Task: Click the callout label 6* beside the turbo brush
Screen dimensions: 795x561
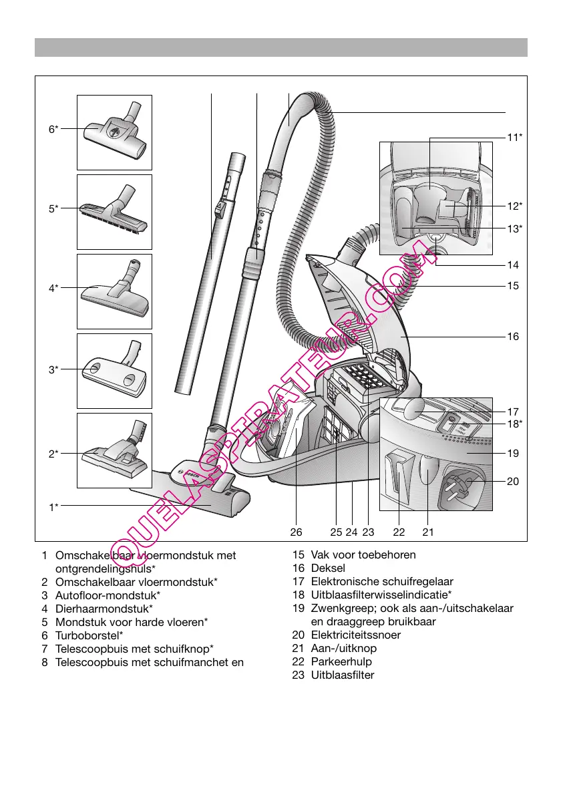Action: (53, 129)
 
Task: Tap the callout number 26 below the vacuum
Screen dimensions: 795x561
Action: (297, 532)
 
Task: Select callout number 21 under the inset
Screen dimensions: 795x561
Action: (428, 532)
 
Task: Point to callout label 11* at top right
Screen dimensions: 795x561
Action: (514, 138)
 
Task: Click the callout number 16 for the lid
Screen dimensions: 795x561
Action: (513, 337)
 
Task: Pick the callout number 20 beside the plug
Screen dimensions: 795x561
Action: (513, 481)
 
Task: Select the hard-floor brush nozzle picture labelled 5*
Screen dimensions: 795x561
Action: (114, 212)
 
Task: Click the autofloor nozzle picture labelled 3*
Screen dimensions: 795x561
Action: (114, 371)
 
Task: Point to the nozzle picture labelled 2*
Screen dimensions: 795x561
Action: (114, 450)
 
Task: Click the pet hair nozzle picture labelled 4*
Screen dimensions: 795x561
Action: (114, 291)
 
